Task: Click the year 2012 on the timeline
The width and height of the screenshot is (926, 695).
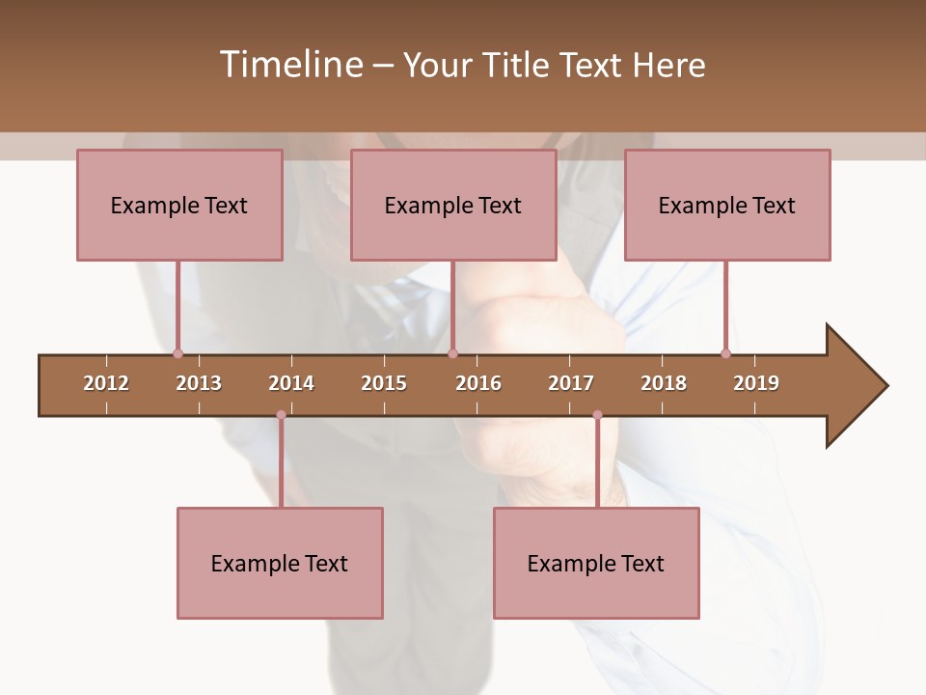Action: click(x=106, y=383)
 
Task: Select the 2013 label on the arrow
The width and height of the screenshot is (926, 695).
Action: click(x=199, y=383)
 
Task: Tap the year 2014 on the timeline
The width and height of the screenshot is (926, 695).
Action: click(x=291, y=383)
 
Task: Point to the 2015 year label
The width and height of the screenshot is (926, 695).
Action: click(x=384, y=383)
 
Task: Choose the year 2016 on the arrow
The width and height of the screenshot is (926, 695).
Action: click(x=478, y=383)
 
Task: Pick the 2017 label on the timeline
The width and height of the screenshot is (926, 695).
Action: click(x=571, y=383)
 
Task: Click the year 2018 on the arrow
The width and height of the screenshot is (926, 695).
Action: click(x=664, y=383)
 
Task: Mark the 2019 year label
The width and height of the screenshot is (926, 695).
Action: click(x=756, y=383)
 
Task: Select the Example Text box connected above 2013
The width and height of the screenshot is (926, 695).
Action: click(x=179, y=205)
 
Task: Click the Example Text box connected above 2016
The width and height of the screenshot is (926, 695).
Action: click(x=453, y=205)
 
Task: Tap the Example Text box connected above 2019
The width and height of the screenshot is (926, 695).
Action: click(x=727, y=205)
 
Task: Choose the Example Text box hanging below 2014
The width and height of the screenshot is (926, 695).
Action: click(x=280, y=563)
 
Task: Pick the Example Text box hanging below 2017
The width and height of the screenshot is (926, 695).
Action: click(x=596, y=563)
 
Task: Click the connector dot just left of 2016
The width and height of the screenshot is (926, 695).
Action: click(x=452, y=353)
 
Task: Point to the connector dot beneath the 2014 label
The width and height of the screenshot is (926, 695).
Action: click(x=281, y=415)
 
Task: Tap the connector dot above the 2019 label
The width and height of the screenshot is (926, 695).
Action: click(x=725, y=353)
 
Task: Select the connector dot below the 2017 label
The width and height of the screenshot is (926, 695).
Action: click(x=597, y=415)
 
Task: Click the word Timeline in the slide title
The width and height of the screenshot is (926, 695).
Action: click(x=289, y=65)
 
